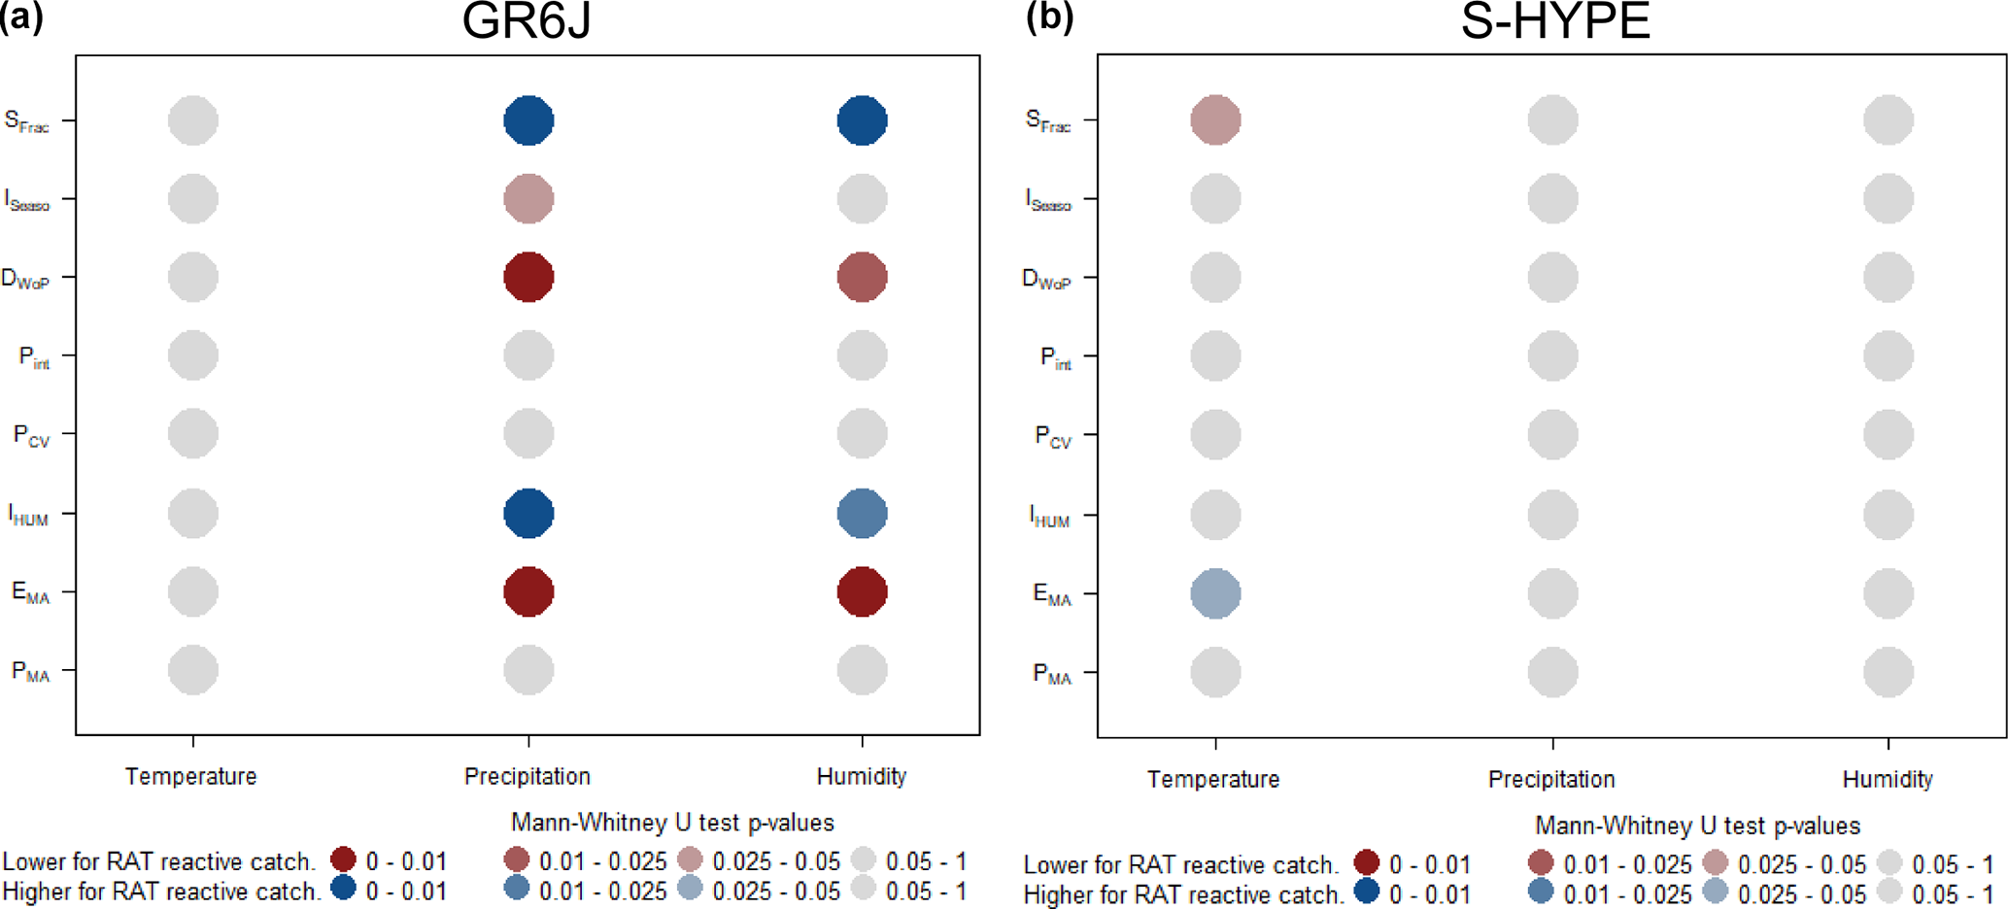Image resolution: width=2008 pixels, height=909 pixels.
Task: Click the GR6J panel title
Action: coord(526,21)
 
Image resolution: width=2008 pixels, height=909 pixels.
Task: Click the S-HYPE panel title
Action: coord(1554,21)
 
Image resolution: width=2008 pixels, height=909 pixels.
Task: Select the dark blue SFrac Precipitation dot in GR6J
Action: coord(528,120)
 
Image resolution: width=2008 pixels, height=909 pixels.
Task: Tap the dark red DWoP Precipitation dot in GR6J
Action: coord(528,278)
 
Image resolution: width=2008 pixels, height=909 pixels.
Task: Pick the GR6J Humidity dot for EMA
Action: coord(862,591)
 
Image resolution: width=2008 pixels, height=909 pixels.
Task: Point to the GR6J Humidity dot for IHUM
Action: coord(862,514)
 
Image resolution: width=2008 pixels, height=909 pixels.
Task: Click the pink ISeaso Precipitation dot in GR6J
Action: coord(528,199)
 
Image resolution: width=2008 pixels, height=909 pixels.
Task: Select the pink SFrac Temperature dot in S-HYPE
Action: coord(1215,120)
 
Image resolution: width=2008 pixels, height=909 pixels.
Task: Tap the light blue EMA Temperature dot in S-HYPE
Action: coord(1215,593)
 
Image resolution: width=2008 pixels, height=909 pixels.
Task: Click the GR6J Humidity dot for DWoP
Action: coord(862,278)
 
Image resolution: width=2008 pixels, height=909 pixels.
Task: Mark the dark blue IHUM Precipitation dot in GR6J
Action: coord(528,514)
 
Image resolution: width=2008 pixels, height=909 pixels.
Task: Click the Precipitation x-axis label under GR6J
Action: coord(528,776)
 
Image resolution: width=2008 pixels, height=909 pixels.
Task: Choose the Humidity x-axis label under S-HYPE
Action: coord(1888,779)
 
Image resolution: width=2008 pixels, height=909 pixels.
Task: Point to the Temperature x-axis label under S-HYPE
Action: coord(1213,779)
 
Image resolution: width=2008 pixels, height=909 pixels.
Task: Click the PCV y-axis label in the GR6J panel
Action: coord(31,435)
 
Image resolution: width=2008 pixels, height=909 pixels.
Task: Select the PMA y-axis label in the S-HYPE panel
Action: coord(1052,674)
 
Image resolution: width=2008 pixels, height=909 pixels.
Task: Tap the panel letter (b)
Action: coord(1049,19)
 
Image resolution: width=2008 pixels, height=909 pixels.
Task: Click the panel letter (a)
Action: coord(21,19)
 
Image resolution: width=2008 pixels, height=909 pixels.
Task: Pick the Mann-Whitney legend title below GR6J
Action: coord(672,823)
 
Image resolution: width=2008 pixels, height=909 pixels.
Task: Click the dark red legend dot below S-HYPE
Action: coord(1367,861)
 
